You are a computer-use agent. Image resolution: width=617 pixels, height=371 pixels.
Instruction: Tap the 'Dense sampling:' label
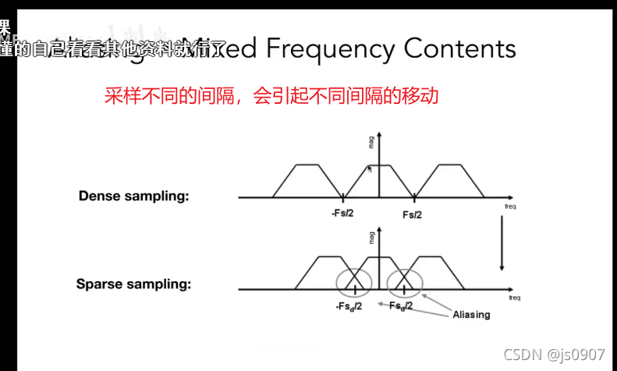tap(133, 196)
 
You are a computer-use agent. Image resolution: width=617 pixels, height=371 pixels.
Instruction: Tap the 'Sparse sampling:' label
tap(133, 284)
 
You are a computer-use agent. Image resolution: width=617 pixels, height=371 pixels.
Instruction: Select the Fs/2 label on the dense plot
tap(413, 214)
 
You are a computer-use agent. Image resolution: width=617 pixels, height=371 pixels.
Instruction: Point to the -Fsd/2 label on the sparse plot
tap(348, 306)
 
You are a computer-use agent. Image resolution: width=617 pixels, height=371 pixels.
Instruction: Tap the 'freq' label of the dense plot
tap(510, 206)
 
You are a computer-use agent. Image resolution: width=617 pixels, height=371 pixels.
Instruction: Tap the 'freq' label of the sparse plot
tap(514, 298)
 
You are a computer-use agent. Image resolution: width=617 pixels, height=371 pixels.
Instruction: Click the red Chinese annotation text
tap(271, 97)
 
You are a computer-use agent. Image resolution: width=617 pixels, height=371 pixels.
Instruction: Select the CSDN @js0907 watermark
tap(554, 355)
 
